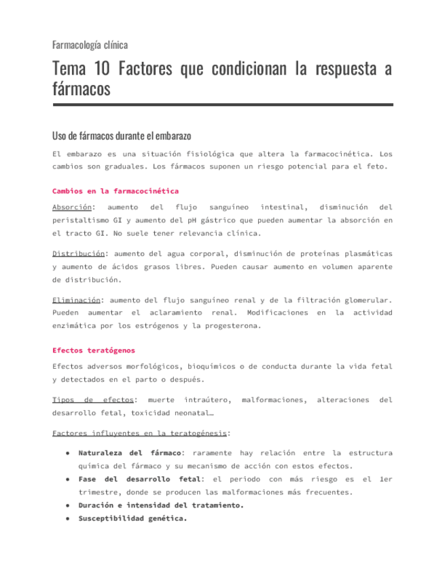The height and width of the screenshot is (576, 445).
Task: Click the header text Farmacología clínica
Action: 90,45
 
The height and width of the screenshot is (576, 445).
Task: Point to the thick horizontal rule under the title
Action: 222,105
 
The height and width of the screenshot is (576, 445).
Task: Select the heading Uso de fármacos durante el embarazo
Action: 122,135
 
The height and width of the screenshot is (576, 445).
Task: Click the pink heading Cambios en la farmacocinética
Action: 115,191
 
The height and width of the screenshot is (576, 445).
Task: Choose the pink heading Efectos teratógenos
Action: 93,350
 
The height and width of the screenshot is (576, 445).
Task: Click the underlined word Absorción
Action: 73,207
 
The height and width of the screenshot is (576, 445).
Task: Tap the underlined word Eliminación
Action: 76,300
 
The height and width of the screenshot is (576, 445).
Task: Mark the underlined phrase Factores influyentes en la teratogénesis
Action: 140,433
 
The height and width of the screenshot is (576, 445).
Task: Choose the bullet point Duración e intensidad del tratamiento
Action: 160,505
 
